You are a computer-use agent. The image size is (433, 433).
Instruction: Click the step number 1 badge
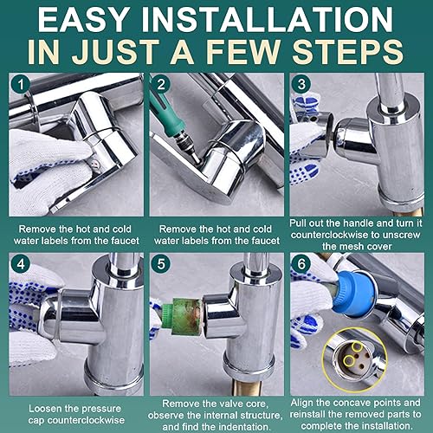[21, 85]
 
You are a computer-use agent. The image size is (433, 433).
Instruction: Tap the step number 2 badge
[161, 84]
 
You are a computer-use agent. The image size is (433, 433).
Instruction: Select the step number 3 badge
[301, 84]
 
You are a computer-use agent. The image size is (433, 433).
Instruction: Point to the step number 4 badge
[21, 264]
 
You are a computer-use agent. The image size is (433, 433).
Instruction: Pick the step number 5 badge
[161, 264]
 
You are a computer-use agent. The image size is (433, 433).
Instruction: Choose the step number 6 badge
[301, 264]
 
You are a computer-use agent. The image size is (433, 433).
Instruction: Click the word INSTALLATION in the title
[272, 20]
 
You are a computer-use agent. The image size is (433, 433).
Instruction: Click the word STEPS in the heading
[347, 51]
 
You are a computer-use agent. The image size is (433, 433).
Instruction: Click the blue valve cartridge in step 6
[354, 292]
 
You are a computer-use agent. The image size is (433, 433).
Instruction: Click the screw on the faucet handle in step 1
[94, 164]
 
